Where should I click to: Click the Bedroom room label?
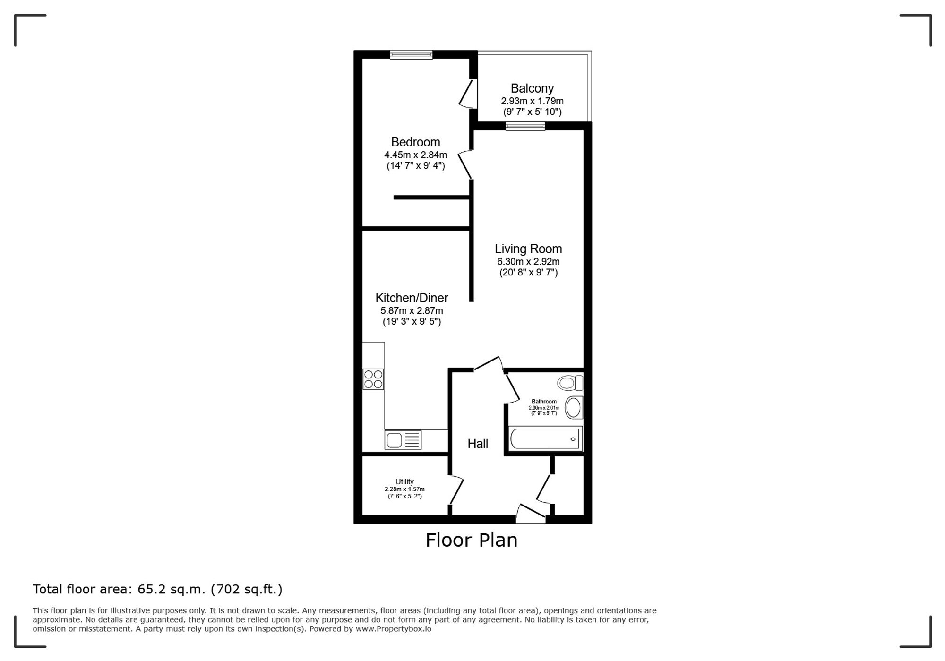coord(415,142)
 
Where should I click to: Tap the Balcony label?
coord(532,88)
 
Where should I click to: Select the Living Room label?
coord(528,249)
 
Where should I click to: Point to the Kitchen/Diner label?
coord(412,298)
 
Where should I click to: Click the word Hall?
coord(478,444)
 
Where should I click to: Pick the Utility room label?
coord(404,481)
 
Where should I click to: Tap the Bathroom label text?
coord(544,402)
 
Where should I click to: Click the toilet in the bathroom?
coord(570,383)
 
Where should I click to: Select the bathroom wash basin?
coord(574,408)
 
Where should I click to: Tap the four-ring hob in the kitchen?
coord(373,379)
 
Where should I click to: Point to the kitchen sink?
coord(403,440)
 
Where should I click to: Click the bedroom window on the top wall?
coord(411,55)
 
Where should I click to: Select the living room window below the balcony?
coord(525,126)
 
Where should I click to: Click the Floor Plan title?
coord(472,540)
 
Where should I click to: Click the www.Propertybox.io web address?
coord(393,629)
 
